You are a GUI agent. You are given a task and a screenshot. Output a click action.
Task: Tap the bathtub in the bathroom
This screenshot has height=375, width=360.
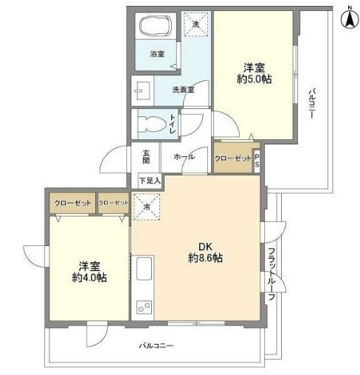(155, 29)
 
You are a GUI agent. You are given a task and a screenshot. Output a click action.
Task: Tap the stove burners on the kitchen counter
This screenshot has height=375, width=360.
(142, 306)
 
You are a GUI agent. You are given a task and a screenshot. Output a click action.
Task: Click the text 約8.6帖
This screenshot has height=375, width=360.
(207, 259)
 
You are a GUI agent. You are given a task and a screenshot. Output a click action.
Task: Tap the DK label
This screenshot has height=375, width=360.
(207, 247)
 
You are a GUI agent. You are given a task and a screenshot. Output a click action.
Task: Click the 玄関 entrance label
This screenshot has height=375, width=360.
(146, 157)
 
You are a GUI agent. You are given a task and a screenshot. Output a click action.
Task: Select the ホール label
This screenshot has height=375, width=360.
(184, 158)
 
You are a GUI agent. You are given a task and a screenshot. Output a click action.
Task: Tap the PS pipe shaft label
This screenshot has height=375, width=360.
(257, 161)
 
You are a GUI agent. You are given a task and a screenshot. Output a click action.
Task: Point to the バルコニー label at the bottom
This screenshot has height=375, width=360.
(156, 346)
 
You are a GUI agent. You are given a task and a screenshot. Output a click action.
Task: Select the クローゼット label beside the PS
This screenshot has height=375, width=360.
(232, 159)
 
